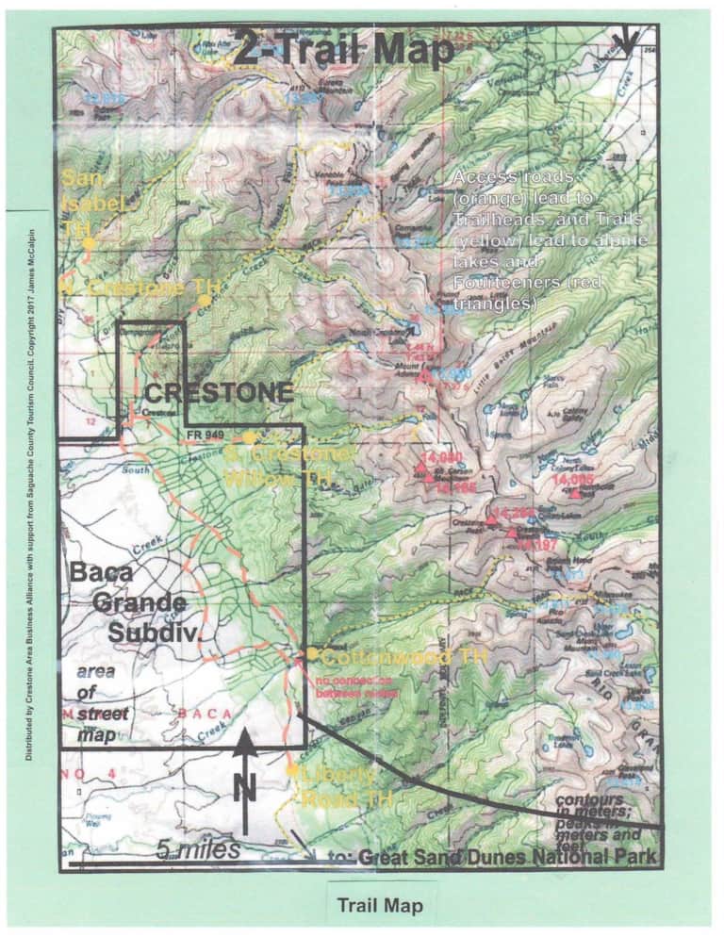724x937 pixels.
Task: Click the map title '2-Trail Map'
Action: (x=344, y=49)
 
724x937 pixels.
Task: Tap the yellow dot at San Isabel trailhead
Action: (x=88, y=243)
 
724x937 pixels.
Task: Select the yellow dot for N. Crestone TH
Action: (x=204, y=300)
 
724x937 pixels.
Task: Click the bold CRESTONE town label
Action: (x=218, y=393)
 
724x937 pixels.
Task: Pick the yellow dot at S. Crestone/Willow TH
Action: (x=249, y=437)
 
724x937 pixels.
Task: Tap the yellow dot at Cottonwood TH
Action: (x=311, y=652)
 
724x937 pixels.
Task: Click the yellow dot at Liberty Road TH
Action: (x=292, y=771)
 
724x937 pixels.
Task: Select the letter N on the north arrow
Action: (x=244, y=784)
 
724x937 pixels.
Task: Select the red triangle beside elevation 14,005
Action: (x=575, y=493)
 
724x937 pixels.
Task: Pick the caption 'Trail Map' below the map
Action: (x=380, y=906)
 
